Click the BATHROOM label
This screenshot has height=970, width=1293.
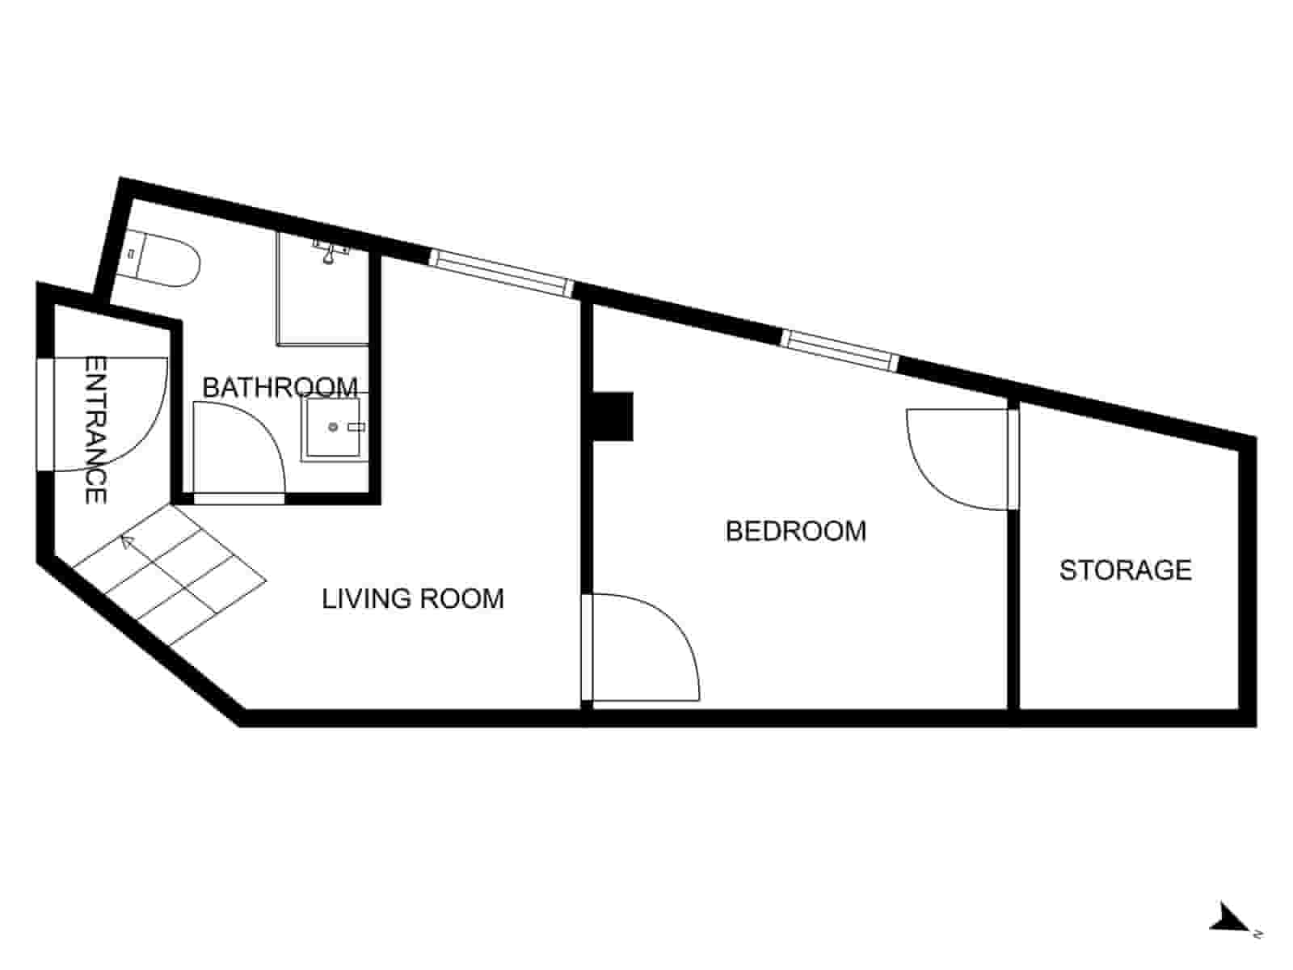click(x=280, y=387)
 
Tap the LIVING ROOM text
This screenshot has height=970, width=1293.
click(x=413, y=599)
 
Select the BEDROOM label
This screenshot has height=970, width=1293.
click(x=796, y=531)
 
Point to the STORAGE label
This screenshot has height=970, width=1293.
click(x=1125, y=571)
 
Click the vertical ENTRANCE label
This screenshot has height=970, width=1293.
click(x=96, y=430)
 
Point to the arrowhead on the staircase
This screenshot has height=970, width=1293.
click(x=125, y=540)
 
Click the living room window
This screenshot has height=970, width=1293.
click(x=500, y=272)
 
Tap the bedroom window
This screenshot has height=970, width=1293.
click(x=840, y=350)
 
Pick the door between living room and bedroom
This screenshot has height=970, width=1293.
click(x=642, y=647)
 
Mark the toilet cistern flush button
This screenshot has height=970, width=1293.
click(x=130, y=254)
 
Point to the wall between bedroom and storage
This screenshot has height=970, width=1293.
click(x=1013, y=614)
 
